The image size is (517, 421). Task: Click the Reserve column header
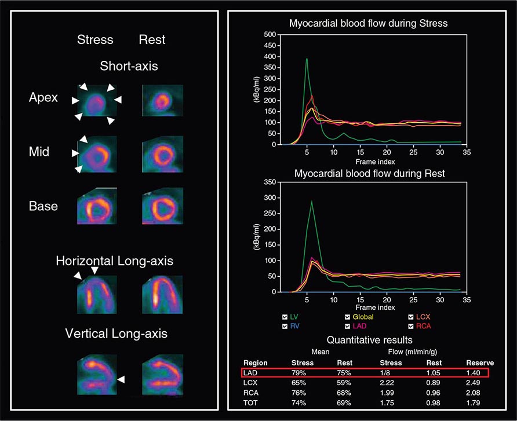(x=480, y=363)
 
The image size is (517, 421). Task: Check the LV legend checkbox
(x=285, y=317)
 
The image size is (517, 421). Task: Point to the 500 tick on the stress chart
(x=268, y=35)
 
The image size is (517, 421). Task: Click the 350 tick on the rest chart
(x=268, y=182)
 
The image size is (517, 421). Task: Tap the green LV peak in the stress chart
(x=307, y=59)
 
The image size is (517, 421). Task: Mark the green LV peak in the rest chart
(x=312, y=202)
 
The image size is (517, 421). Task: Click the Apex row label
(x=43, y=97)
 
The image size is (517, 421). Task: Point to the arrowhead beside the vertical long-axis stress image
(x=121, y=379)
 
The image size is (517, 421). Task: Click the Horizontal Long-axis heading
(x=114, y=261)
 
